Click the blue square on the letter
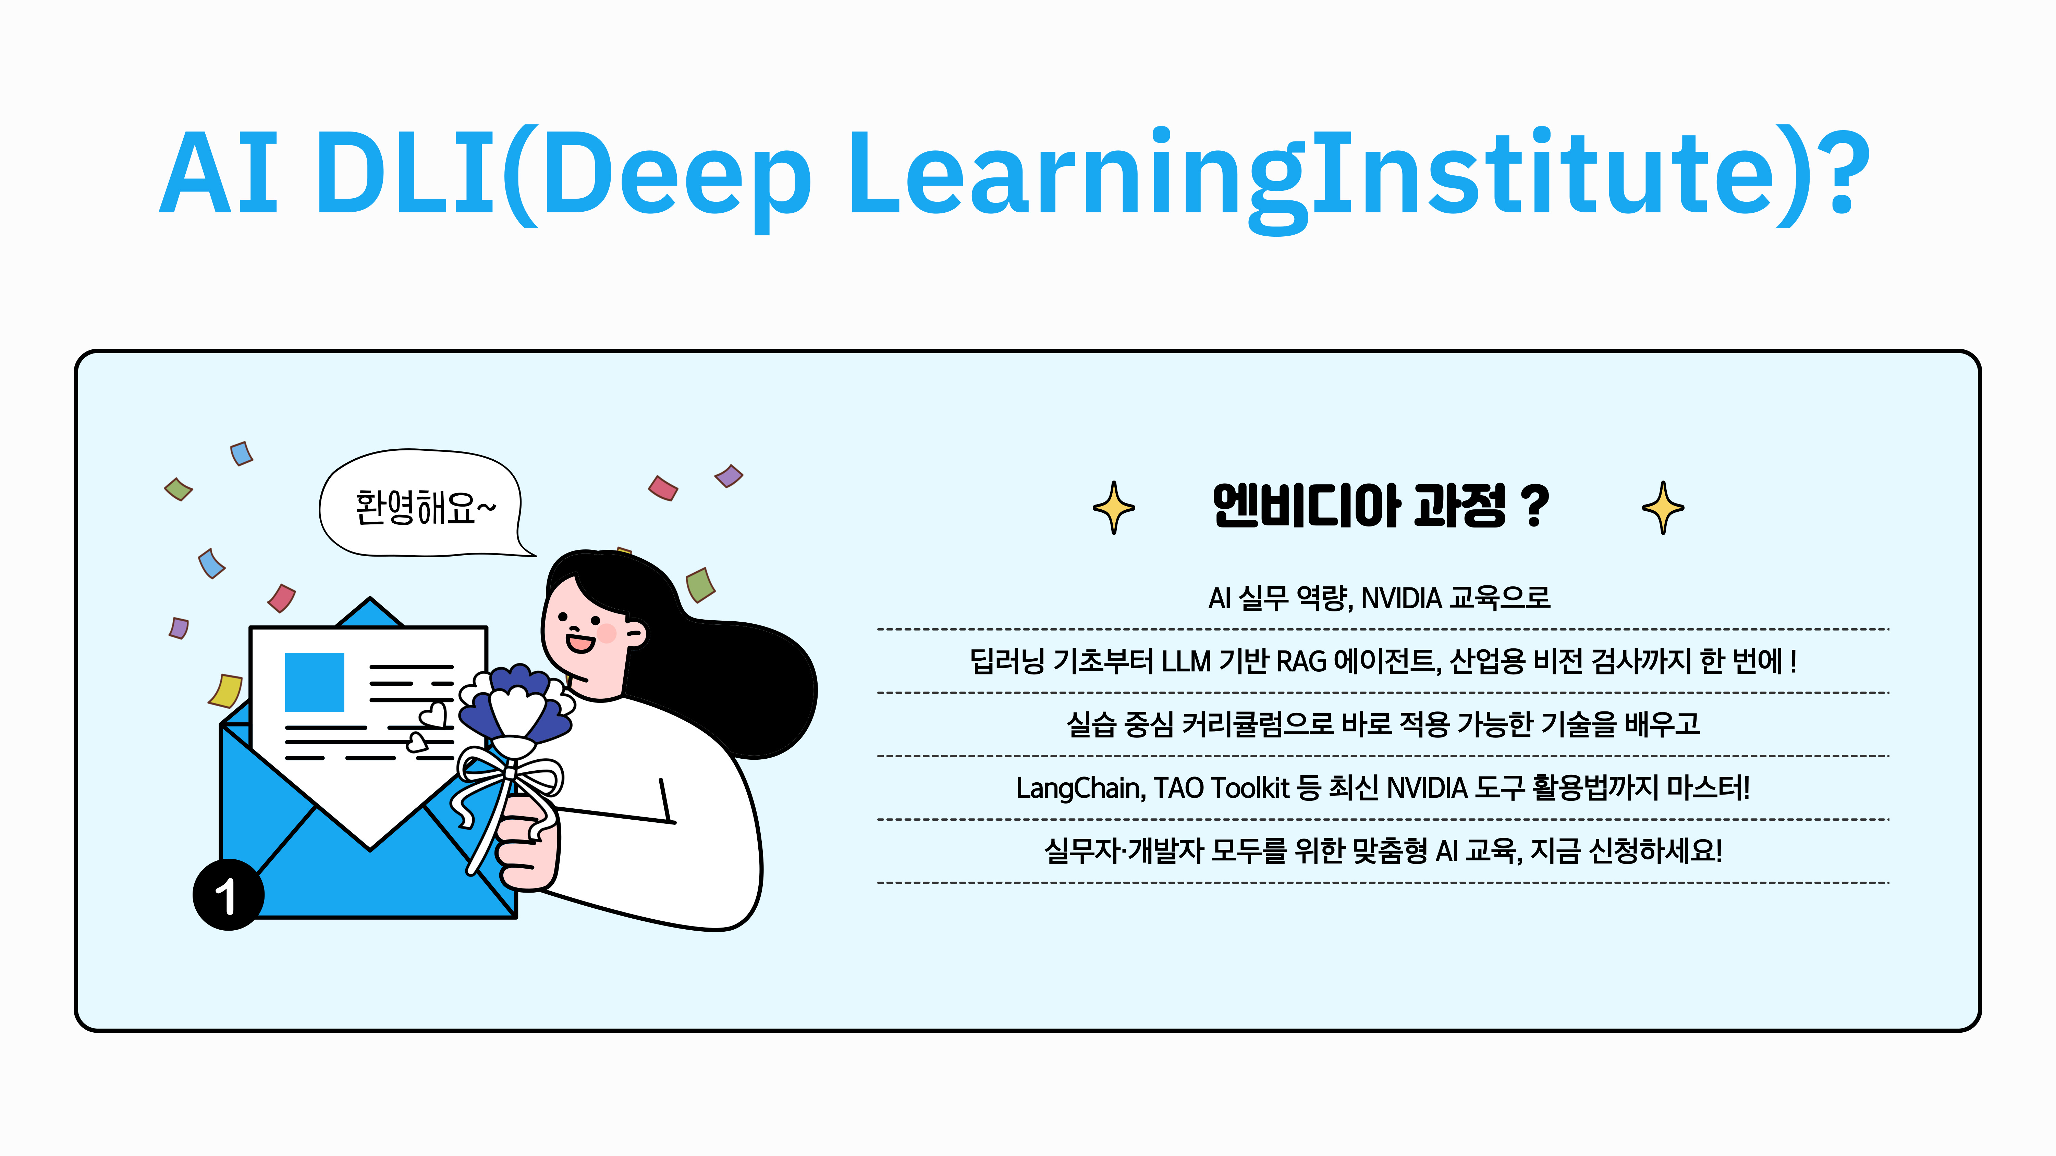coord(315,682)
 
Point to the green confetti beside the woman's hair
coord(700,585)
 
